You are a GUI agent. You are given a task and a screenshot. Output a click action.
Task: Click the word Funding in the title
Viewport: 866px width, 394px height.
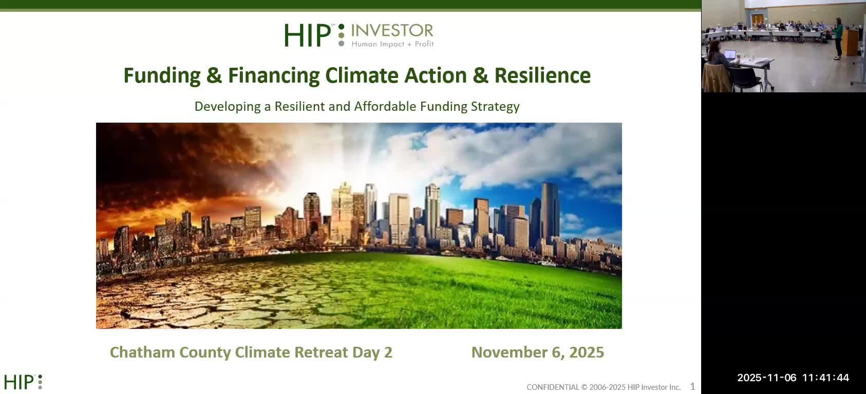(x=162, y=76)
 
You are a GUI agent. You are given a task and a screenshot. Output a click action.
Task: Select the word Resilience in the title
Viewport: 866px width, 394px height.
(x=542, y=76)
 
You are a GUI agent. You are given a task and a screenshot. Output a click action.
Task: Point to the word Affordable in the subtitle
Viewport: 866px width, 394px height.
(x=385, y=107)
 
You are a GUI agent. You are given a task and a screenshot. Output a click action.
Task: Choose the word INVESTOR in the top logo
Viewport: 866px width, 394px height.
(x=392, y=31)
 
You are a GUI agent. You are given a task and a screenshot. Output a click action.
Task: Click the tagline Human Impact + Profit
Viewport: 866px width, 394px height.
(x=392, y=44)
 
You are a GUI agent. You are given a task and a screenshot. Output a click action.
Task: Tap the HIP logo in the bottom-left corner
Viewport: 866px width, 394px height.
(x=23, y=382)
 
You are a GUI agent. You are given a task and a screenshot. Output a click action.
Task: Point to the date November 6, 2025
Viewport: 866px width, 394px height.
(x=537, y=352)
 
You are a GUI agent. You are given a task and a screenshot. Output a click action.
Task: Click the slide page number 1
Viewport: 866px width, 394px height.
(x=692, y=386)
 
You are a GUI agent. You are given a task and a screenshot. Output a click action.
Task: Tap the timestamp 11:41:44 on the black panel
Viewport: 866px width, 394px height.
(x=825, y=378)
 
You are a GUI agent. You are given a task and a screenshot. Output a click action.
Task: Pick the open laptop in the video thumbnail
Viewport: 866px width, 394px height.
(x=729, y=54)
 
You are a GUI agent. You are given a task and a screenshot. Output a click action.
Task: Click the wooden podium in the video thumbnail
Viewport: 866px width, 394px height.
(x=851, y=42)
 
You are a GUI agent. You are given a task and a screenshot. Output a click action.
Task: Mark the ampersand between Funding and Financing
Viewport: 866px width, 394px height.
(x=214, y=76)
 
